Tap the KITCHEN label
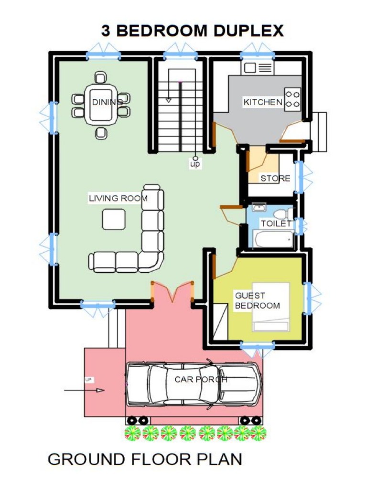pos(263,102)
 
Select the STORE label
pos(275,179)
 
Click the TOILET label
pos(276,223)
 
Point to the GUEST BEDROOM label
pos(257,301)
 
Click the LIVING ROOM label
pos(118,198)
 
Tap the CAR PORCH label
pos(201,380)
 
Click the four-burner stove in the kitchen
pos(292,99)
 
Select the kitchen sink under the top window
pos(258,68)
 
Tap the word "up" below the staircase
pos(195,164)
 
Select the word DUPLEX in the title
pos(248,31)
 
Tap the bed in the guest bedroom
pos(270,306)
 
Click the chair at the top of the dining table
pos(100,77)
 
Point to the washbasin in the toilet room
pos(259,207)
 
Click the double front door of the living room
pos(173,291)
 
